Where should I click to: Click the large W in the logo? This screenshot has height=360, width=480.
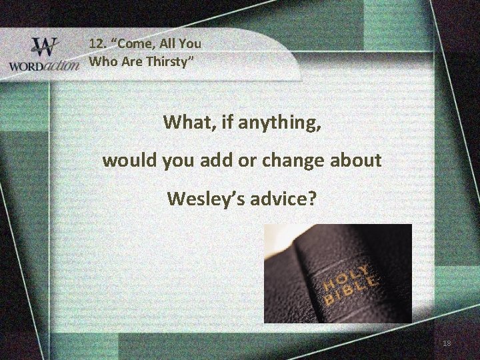[45, 47]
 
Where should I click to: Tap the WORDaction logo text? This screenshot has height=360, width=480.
[43, 66]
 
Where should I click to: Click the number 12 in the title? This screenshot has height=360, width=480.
[97, 44]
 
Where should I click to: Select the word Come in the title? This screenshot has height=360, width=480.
[137, 44]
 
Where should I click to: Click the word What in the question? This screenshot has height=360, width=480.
[185, 123]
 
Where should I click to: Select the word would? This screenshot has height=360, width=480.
[127, 161]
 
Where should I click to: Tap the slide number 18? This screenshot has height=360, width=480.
[446, 343]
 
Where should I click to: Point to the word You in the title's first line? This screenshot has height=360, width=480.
[191, 44]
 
